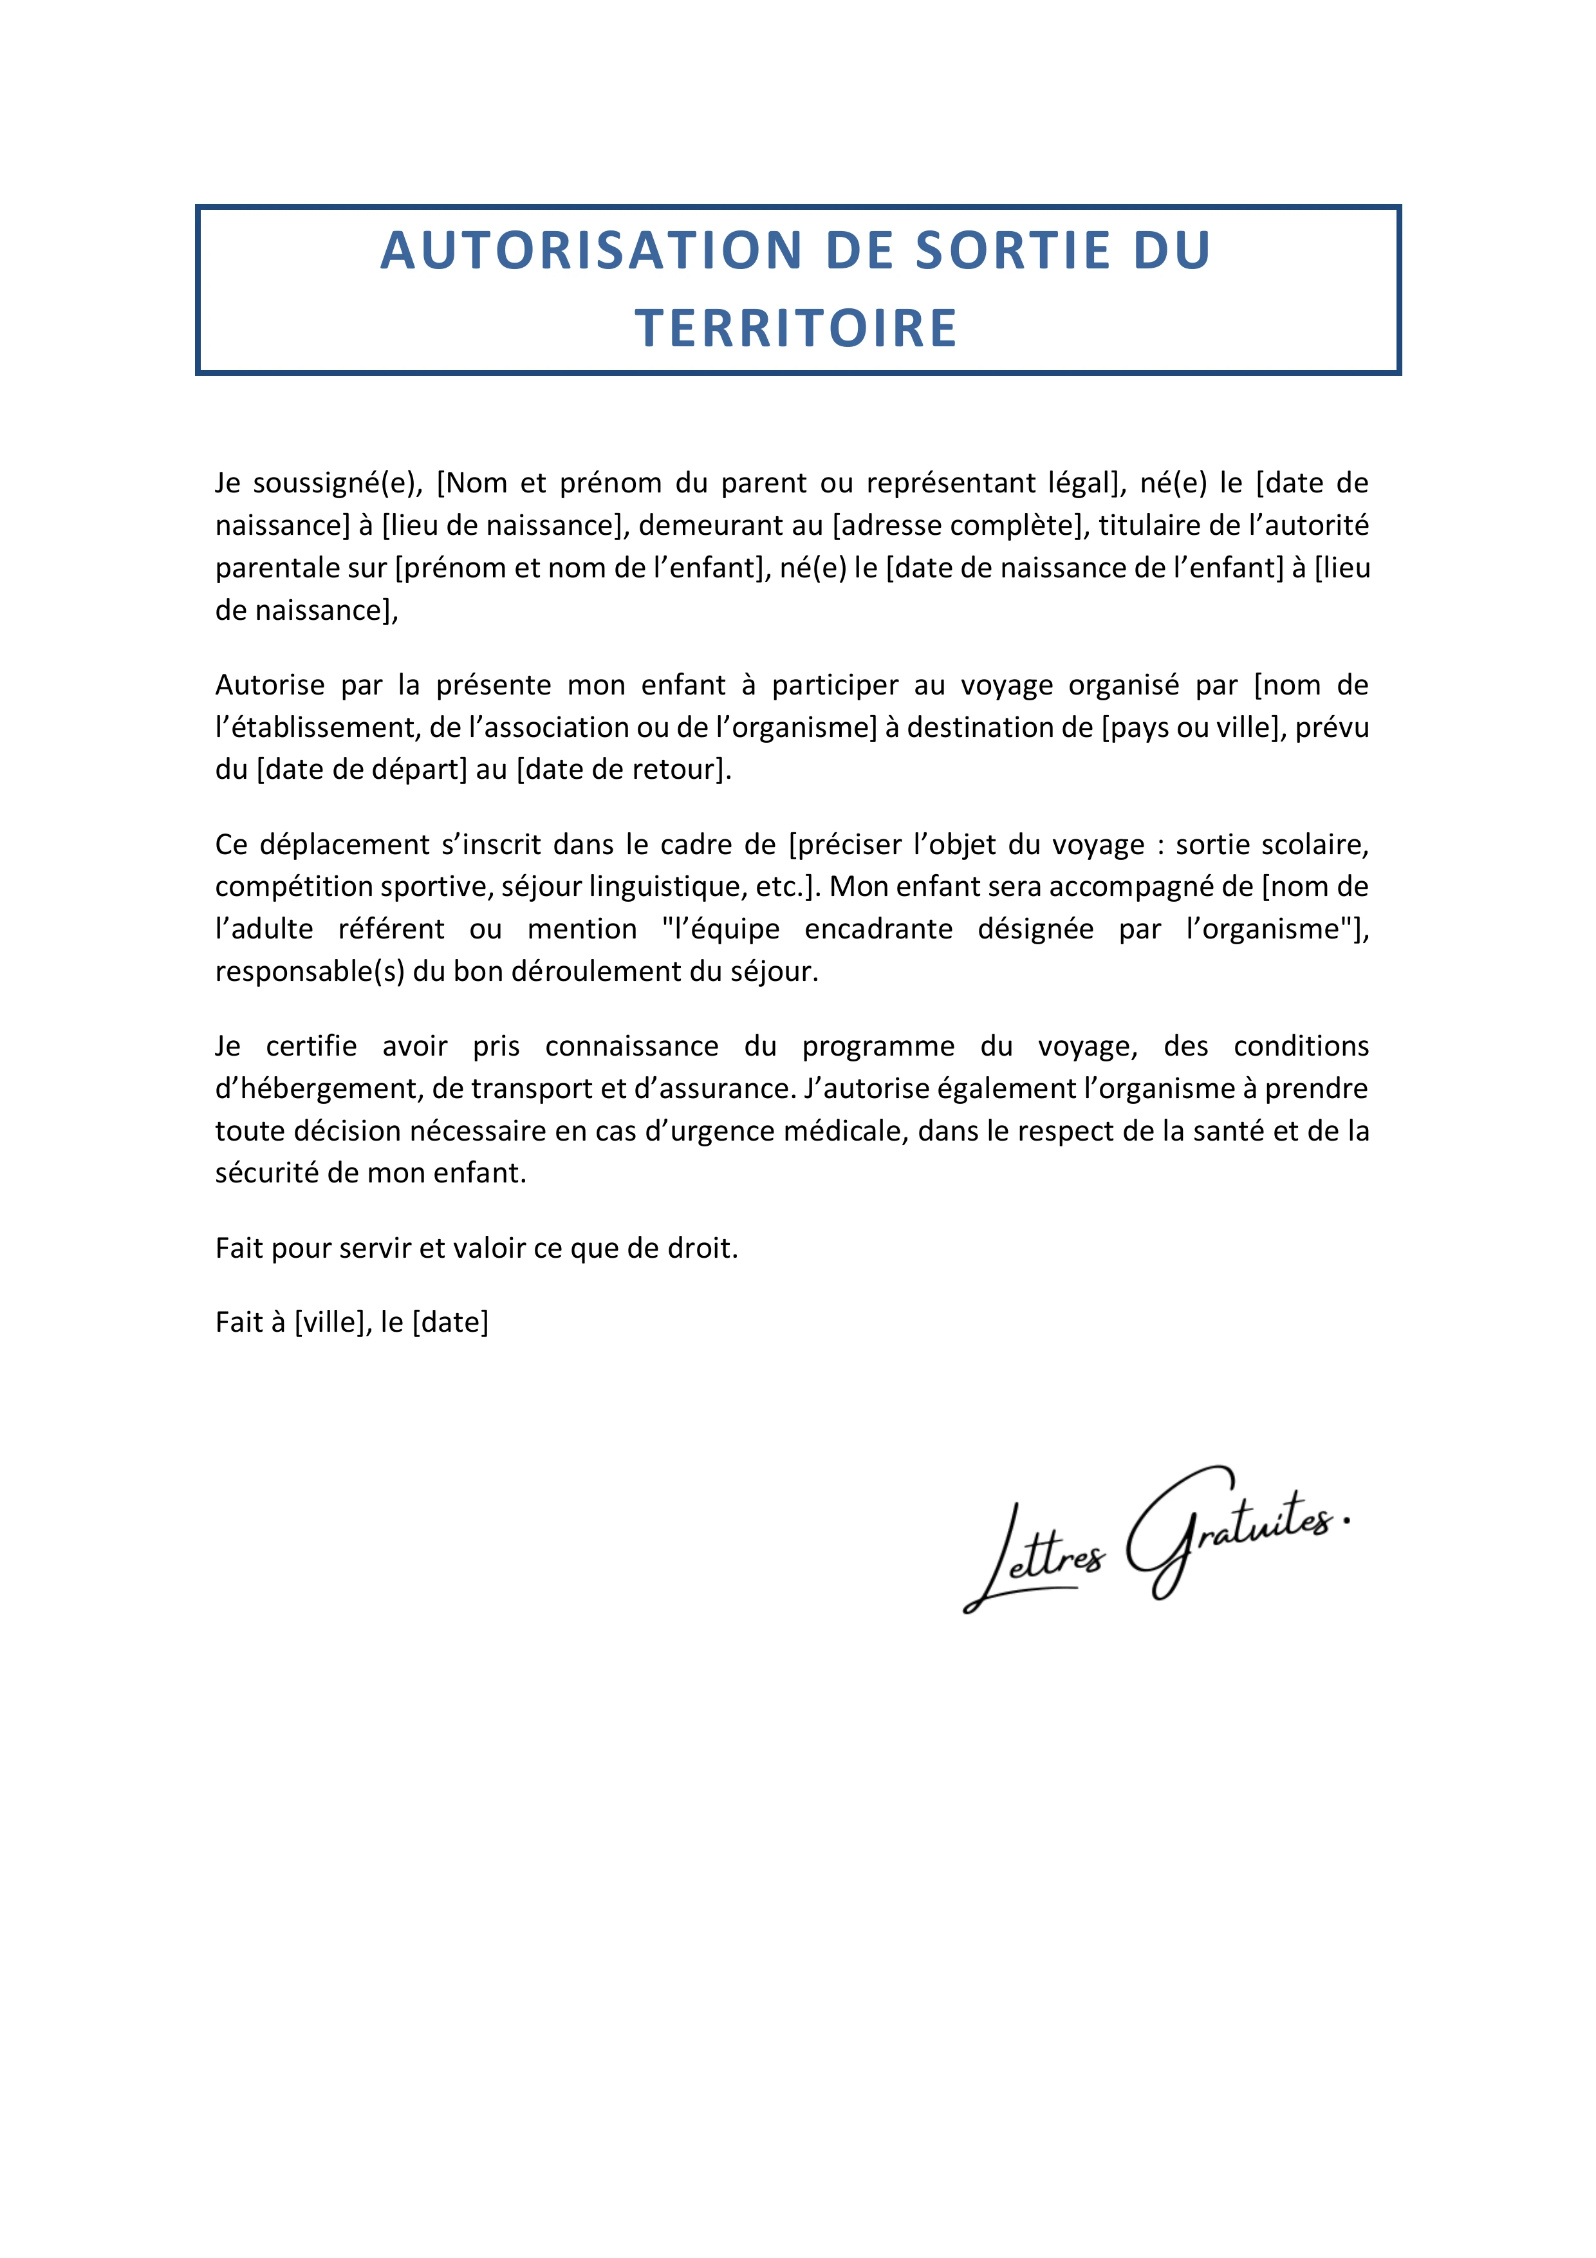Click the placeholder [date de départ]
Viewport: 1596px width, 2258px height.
tap(361, 769)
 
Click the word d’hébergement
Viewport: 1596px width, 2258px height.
tap(317, 1088)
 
